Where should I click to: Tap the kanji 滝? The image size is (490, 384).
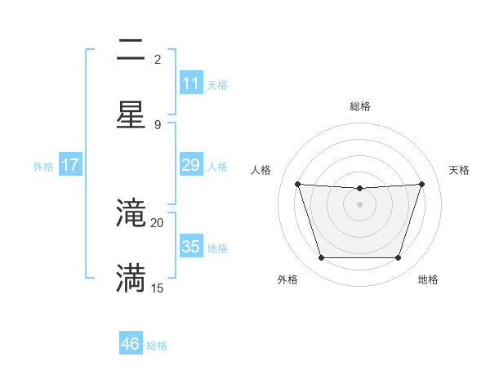pyautogui.click(x=131, y=213)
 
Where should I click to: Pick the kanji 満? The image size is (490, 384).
pyautogui.click(x=131, y=278)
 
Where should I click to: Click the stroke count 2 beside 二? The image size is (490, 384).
pyautogui.click(x=158, y=59)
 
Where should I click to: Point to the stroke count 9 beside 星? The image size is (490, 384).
pyautogui.click(x=158, y=124)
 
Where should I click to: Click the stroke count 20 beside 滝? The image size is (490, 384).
pyautogui.click(x=157, y=222)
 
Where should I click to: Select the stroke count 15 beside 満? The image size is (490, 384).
pyautogui.click(x=157, y=288)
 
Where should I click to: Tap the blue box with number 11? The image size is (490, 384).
pyautogui.click(x=190, y=83)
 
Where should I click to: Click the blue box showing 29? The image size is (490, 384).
pyautogui.click(x=190, y=165)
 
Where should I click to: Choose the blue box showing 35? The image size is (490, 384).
pyautogui.click(x=190, y=247)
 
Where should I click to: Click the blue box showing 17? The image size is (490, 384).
pyautogui.click(x=70, y=165)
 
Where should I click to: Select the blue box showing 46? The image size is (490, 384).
pyautogui.click(x=131, y=344)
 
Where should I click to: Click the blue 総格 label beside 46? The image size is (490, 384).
pyautogui.click(x=157, y=346)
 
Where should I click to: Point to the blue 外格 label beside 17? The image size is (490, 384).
pyautogui.click(x=43, y=167)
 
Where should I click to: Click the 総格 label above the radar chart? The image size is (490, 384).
pyautogui.click(x=359, y=106)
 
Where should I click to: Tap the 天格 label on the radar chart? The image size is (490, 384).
pyautogui.click(x=459, y=170)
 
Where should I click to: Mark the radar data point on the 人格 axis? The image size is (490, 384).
pyautogui.click(x=297, y=184)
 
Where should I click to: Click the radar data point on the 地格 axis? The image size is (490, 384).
pyautogui.click(x=398, y=258)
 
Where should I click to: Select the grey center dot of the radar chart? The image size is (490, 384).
pyautogui.click(x=359, y=204)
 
